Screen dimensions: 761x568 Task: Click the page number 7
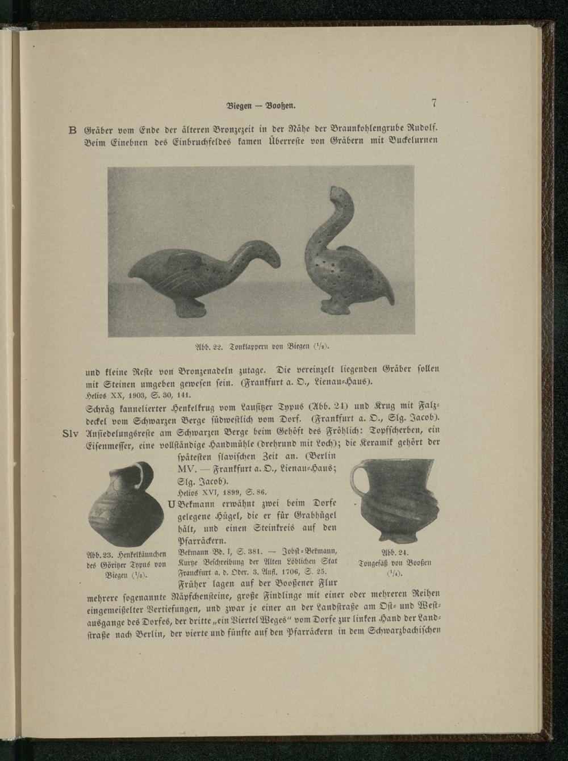pyautogui.click(x=434, y=103)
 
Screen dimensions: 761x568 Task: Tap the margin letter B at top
pyautogui.click(x=72, y=130)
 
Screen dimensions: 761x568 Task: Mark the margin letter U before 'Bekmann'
pyautogui.click(x=171, y=504)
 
